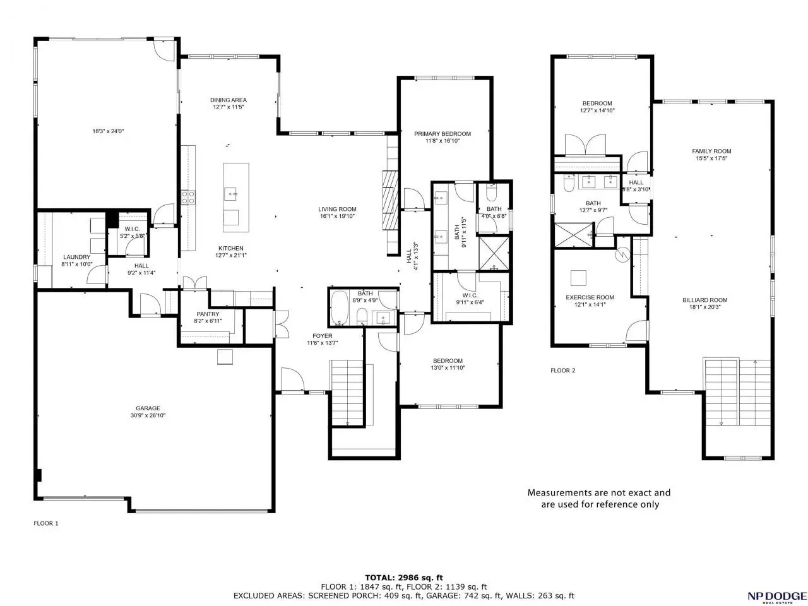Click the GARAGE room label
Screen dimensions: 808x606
click(x=148, y=408)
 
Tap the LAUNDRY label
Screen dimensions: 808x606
click(x=76, y=257)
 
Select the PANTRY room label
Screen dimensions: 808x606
click(x=208, y=314)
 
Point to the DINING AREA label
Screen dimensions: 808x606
click(x=229, y=100)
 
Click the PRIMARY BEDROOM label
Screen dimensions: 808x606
click(x=443, y=134)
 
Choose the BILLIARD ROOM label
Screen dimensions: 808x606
click(x=704, y=300)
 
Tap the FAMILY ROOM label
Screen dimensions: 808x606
click(x=711, y=151)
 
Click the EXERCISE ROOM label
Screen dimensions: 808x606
click(x=590, y=297)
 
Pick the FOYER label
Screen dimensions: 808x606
click(x=322, y=336)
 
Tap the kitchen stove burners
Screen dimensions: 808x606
click(x=188, y=197)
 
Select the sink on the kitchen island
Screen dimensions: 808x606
click(x=231, y=194)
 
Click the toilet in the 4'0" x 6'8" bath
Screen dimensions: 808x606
click(x=492, y=191)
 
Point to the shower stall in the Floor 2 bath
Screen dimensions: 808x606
click(x=574, y=235)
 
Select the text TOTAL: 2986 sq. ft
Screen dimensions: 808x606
click(x=403, y=578)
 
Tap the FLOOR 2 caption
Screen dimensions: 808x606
click(x=562, y=371)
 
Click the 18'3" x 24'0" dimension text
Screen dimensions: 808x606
click(x=108, y=131)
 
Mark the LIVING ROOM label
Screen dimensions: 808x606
click(x=337, y=209)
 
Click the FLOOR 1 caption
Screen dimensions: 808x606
click(x=46, y=523)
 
